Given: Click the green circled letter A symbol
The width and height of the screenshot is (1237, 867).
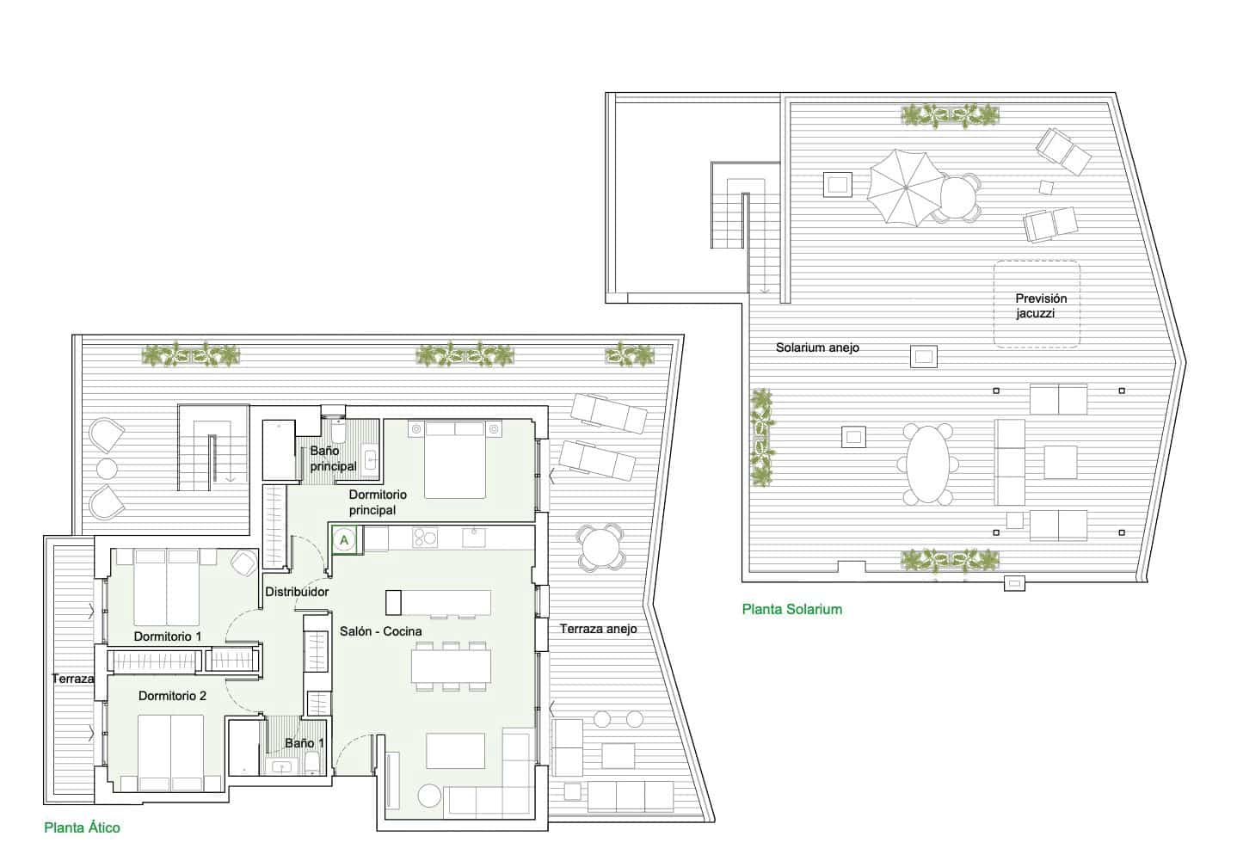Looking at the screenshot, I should [x=344, y=540].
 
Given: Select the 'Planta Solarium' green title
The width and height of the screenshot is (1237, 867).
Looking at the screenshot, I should [x=791, y=609].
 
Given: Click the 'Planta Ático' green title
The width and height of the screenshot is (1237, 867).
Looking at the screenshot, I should [x=82, y=828].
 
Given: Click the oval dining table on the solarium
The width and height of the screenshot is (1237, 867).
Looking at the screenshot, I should [x=925, y=464].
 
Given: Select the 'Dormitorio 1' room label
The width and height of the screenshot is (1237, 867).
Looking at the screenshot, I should [x=168, y=636].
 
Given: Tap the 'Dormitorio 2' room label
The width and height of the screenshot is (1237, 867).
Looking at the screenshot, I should [x=172, y=696].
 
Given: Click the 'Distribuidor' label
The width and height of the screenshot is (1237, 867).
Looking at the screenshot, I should [x=297, y=592].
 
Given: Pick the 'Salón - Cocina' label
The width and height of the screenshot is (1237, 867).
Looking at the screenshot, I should [x=379, y=631].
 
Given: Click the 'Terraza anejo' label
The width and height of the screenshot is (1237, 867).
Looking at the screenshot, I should [x=598, y=629].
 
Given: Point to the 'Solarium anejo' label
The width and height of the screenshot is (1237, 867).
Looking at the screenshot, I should [x=817, y=347].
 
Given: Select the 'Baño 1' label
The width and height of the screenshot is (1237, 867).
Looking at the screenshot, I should [x=305, y=742].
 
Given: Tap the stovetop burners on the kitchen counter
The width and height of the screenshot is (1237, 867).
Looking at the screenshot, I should [x=425, y=538].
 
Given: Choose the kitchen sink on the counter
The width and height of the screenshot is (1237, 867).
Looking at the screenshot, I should [x=475, y=538].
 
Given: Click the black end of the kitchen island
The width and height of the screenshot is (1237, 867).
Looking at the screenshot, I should [x=394, y=602].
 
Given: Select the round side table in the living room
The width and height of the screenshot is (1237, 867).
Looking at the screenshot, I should [x=429, y=796].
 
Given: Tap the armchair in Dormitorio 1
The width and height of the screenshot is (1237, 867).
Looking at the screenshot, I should [x=244, y=563].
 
